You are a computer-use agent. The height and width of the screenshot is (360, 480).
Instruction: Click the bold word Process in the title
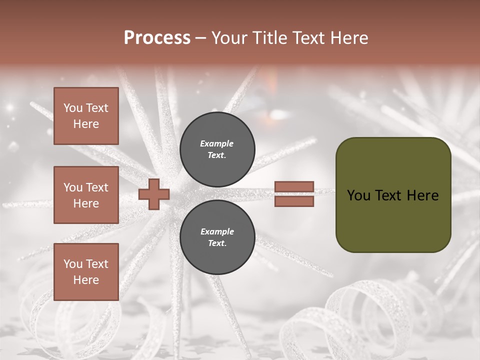tap(157, 38)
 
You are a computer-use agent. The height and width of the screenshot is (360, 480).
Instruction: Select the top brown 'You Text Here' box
tap(86, 116)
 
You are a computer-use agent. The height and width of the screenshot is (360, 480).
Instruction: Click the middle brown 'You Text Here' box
tap(86, 195)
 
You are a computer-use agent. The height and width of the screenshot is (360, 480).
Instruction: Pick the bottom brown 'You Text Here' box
tap(86, 272)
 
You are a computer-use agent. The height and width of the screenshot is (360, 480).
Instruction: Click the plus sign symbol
tap(154, 194)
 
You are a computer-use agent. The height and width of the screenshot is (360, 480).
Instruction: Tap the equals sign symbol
tap(294, 194)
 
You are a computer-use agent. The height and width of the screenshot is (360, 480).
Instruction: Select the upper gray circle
tap(217, 149)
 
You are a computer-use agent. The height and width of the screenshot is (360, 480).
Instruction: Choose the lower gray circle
tap(217, 237)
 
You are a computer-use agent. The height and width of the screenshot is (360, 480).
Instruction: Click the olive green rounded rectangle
tap(393, 195)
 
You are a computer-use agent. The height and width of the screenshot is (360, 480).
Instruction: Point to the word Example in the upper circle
tap(216, 143)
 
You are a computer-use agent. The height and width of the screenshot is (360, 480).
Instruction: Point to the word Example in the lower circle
tap(216, 231)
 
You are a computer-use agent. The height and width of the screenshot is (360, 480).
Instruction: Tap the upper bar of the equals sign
tap(294, 187)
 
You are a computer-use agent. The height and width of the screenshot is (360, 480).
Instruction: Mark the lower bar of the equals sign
tap(294, 201)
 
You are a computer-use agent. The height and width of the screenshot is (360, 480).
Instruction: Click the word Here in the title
tap(348, 38)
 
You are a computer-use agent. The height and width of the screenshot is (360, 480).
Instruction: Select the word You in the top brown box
tap(73, 108)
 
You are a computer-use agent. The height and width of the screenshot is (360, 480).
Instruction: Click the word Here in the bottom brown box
tap(86, 280)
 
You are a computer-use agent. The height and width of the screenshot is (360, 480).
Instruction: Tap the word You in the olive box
tap(358, 195)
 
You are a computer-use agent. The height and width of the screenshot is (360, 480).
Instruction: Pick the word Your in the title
tap(230, 38)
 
